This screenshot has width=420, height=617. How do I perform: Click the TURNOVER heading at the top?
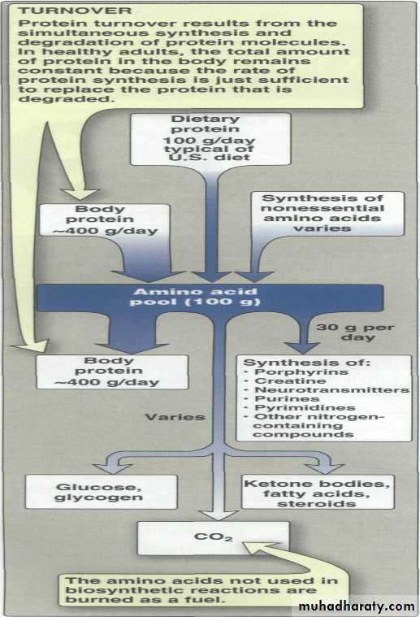[x=75, y=11]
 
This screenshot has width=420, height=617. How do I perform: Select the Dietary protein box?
[x=210, y=139]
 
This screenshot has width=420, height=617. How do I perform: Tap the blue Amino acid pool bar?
[x=210, y=298]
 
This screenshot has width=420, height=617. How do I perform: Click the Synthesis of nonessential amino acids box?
[x=327, y=213]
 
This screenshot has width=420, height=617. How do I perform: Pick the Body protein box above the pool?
[x=105, y=220]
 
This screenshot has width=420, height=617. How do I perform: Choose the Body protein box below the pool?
[x=112, y=372]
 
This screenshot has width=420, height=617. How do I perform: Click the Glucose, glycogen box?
[x=101, y=492]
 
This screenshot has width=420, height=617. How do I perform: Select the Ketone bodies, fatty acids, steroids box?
[x=318, y=493]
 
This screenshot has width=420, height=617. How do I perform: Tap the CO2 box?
[x=213, y=538]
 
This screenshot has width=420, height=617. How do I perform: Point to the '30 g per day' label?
[x=355, y=332]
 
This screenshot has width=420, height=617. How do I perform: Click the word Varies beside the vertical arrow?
[x=175, y=417]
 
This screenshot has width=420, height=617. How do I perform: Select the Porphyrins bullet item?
[x=297, y=372]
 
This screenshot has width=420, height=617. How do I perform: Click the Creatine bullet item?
[x=285, y=381]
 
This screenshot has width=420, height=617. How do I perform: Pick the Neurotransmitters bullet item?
[x=327, y=390]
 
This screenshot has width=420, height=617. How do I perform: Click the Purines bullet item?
[x=282, y=398]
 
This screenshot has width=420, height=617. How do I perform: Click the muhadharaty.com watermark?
[x=357, y=606]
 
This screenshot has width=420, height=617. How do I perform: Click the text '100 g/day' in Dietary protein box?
[x=210, y=140]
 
